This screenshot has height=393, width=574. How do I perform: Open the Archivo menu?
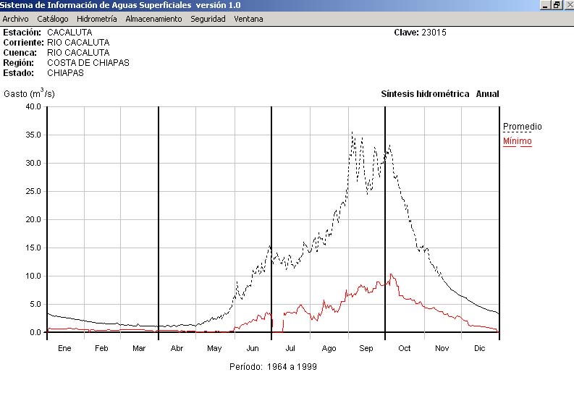click(16, 19)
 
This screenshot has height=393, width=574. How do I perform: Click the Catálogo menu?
click(53, 19)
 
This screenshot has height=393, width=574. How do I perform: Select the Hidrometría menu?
click(96, 19)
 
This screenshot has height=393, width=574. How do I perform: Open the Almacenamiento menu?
click(153, 19)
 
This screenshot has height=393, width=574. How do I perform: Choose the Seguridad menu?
click(208, 19)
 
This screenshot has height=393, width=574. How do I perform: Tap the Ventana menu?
click(248, 19)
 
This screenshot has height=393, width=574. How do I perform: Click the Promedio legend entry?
click(522, 127)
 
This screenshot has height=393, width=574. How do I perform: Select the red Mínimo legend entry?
click(517, 141)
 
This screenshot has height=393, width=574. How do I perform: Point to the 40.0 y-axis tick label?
click(33, 106)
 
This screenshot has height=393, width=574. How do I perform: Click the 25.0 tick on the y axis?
click(33, 191)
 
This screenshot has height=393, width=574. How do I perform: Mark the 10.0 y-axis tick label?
click(33, 276)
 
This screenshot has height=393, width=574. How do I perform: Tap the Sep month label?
click(366, 348)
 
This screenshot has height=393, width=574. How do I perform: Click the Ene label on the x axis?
click(64, 348)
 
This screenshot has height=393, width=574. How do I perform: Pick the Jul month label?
click(290, 348)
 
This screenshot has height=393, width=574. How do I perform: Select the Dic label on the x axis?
click(480, 348)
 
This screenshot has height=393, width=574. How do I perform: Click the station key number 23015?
click(434, 33)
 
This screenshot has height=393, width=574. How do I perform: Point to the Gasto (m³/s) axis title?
click(29, 93)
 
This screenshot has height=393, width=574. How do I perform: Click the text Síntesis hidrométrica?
click(425, 94)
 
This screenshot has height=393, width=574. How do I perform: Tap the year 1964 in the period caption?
click(277, 367)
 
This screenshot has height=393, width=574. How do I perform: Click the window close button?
click(568, 5)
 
